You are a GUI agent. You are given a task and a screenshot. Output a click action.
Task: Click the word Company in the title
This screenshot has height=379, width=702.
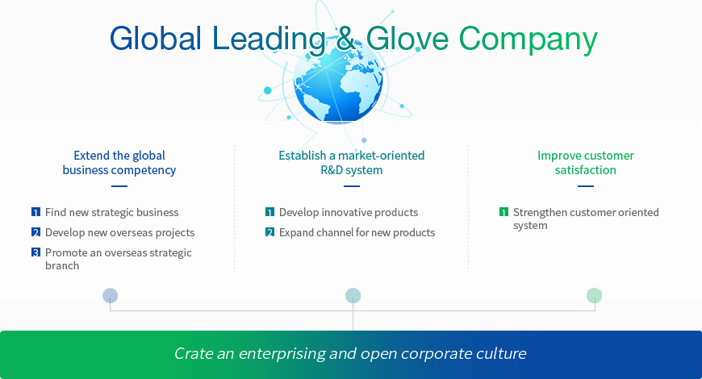point(529,40)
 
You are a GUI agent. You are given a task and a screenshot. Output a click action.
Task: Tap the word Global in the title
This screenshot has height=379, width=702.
point(156,38)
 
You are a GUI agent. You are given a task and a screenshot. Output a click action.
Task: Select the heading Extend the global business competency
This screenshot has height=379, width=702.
point(119,162)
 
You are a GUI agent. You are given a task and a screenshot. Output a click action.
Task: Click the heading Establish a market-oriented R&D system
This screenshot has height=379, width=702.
point(352,162)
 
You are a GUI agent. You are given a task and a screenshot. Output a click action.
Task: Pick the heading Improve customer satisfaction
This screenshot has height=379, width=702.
point(586,162)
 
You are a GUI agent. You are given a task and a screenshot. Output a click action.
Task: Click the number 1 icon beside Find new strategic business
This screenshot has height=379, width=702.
point(36,212)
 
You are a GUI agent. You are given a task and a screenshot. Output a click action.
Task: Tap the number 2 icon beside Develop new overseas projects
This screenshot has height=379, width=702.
point(36,232)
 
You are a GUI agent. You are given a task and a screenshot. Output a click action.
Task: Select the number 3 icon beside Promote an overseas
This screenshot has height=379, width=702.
point(36,252)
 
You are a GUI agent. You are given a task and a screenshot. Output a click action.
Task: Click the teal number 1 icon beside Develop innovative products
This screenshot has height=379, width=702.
point(270,212)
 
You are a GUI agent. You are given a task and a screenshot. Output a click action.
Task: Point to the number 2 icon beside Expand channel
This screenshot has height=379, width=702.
point(270,232)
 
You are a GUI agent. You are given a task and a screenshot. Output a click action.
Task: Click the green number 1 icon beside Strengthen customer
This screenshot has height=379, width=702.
point(504,212)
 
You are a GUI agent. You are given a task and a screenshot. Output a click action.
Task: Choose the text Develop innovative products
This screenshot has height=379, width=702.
point(349,213)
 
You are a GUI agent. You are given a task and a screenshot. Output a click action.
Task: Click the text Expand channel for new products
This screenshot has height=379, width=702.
point(357,233)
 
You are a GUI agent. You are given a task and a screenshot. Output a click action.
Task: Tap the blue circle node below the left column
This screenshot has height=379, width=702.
point(110,296)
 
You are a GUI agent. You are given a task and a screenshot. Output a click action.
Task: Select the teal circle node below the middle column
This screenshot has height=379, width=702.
point(353,296)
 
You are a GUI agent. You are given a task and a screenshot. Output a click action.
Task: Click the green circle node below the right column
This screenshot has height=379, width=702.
point(594,296)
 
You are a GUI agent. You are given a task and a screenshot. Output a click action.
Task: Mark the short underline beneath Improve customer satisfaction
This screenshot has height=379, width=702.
point(586,186)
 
